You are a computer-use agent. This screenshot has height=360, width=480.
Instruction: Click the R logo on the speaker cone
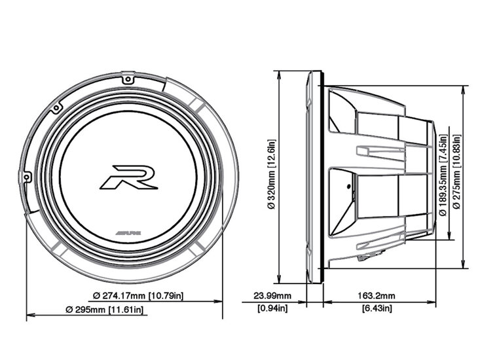point(129,177)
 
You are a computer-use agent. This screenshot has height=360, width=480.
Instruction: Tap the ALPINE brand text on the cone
point(128,233)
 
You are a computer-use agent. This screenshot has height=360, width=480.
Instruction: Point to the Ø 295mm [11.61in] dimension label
point(104,309)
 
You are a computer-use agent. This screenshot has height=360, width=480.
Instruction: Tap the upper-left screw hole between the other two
point(58,107)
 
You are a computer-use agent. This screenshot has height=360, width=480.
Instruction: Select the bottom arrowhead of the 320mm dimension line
point(280,279)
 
